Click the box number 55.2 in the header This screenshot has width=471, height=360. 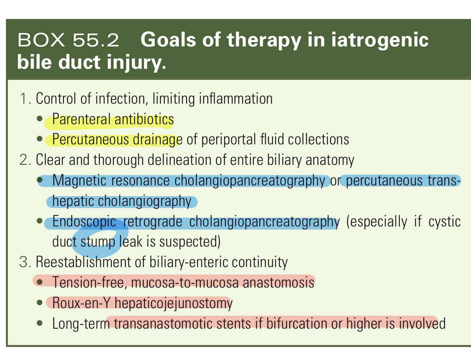point(96,40)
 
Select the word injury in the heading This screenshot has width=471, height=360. point(136,62)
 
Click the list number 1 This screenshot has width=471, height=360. point(25,99)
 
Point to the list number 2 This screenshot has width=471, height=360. point(25,160)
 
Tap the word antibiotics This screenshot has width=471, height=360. point(144,119)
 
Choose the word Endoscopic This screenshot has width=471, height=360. point(84,222)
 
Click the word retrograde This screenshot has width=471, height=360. point(153,222)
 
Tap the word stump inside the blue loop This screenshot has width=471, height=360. point(98,242)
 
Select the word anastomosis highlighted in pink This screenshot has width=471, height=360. point(278,282)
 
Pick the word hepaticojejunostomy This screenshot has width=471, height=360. point(173,303)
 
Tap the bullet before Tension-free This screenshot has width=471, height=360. point(40,282)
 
